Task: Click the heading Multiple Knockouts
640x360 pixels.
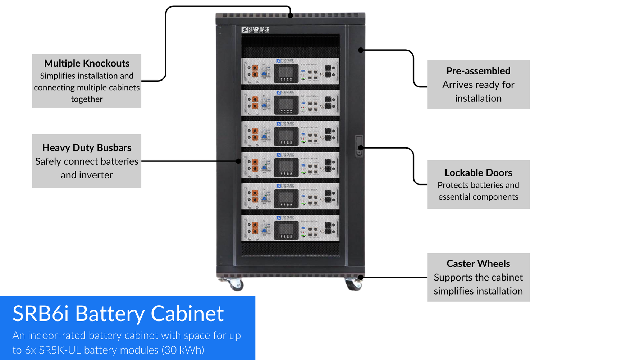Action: pyautogui.click(x=87, y=63)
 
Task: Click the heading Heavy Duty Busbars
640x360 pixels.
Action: pyautogui.click(x=87, y=148)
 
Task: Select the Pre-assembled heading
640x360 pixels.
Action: pyautogui.click(x=478, y=71)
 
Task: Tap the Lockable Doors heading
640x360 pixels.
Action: pyautogui.click(x=478, y=173)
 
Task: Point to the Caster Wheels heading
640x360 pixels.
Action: pyautogui.click(x=478, y=264)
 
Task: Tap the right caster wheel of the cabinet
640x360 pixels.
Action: pyautogui.click(x=354, y=285)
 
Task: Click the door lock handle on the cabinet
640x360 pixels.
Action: pyautogui.click(x=359, y=146)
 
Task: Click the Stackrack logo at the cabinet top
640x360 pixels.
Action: pyautogui.click(x=255, y=29)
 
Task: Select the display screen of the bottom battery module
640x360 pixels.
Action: pyautogui.click(x=286, y=229)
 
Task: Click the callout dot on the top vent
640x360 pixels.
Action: pyautogui.click(x=290, y=15)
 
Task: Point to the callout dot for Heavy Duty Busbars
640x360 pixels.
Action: pyautogui.click(x=238, y=161)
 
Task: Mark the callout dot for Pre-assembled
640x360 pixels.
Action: pyautogui.click(x=361, y=50)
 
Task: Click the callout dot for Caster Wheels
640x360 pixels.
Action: pyautogui.click(x=361, y=277)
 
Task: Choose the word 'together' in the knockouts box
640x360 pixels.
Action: pyautogui.click(x=87, y=99)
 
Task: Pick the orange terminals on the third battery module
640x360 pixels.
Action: pyautogui.click(x=255, y=134)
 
